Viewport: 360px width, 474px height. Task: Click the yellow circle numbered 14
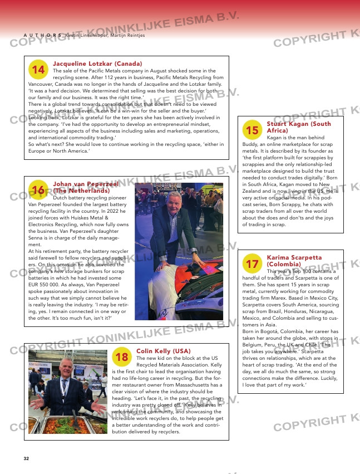[38, 70]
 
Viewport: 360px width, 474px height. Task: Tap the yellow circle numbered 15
[252, 130]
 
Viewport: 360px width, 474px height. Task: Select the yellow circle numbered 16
[38, 190]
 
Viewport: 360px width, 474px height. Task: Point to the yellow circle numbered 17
[252, 263]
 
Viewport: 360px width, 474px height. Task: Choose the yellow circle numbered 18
[122, 356]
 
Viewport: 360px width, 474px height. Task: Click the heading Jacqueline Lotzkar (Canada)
[97, 64]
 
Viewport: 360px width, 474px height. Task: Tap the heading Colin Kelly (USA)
[163, 351]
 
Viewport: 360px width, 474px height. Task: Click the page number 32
[26, 458]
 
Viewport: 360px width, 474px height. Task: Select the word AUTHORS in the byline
[42, 35]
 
